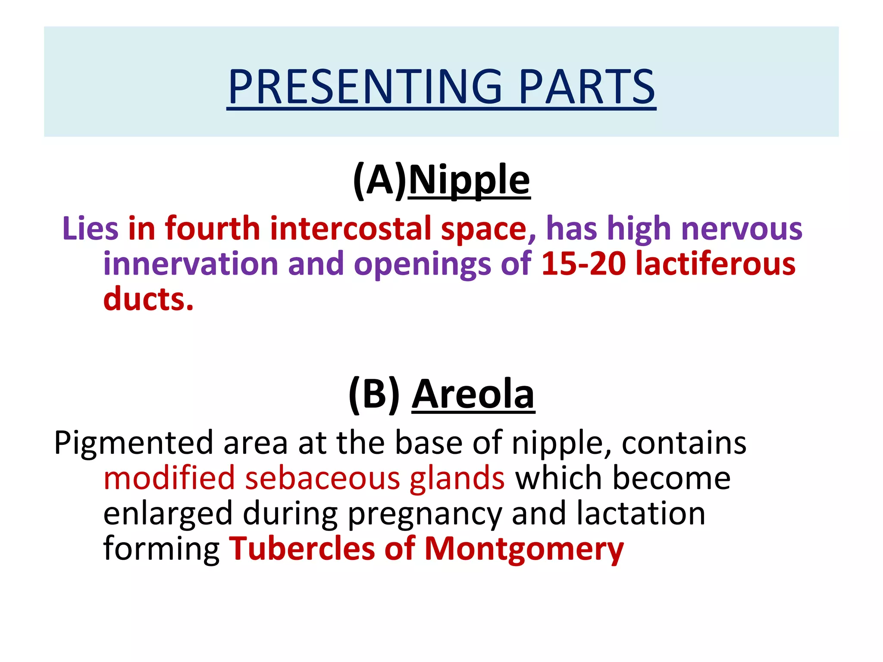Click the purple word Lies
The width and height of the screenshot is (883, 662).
90,228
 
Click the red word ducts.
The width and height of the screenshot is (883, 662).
148,299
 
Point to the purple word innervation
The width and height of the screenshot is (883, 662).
191,264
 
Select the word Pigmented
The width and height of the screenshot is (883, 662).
134,443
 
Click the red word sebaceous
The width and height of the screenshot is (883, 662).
323,478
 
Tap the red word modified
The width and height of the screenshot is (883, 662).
169,478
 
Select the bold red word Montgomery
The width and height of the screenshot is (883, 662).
524,549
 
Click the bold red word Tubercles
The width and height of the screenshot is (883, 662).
302,549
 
